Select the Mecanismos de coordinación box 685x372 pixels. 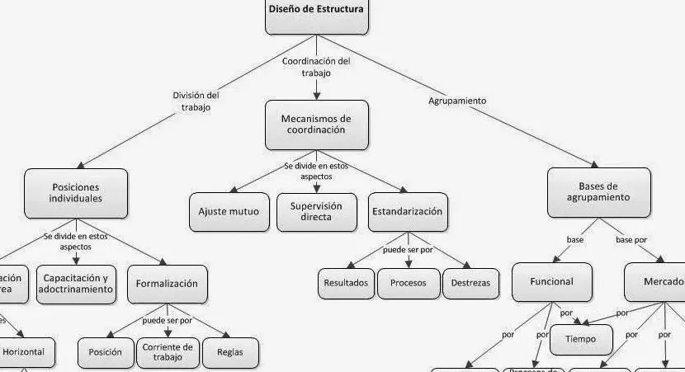click(316, 125)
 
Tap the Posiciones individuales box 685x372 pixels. click(76, 193)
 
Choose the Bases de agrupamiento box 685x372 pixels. click(598, 192)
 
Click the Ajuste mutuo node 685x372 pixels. click(229, 212)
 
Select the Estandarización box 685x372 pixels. click(408, 212)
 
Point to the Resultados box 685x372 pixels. click(345, 283)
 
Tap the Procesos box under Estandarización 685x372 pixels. click(408, 283)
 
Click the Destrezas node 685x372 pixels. click(470, 283)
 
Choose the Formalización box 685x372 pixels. click(168, 284)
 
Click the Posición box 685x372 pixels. click(106, 352)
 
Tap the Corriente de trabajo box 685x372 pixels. click(168, 352)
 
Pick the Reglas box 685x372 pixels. click(229, 352)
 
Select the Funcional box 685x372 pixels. click(552, 282)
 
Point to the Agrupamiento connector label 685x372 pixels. click(457, 101)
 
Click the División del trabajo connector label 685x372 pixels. click(196, 101)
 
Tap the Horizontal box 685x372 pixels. click(27, 352)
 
